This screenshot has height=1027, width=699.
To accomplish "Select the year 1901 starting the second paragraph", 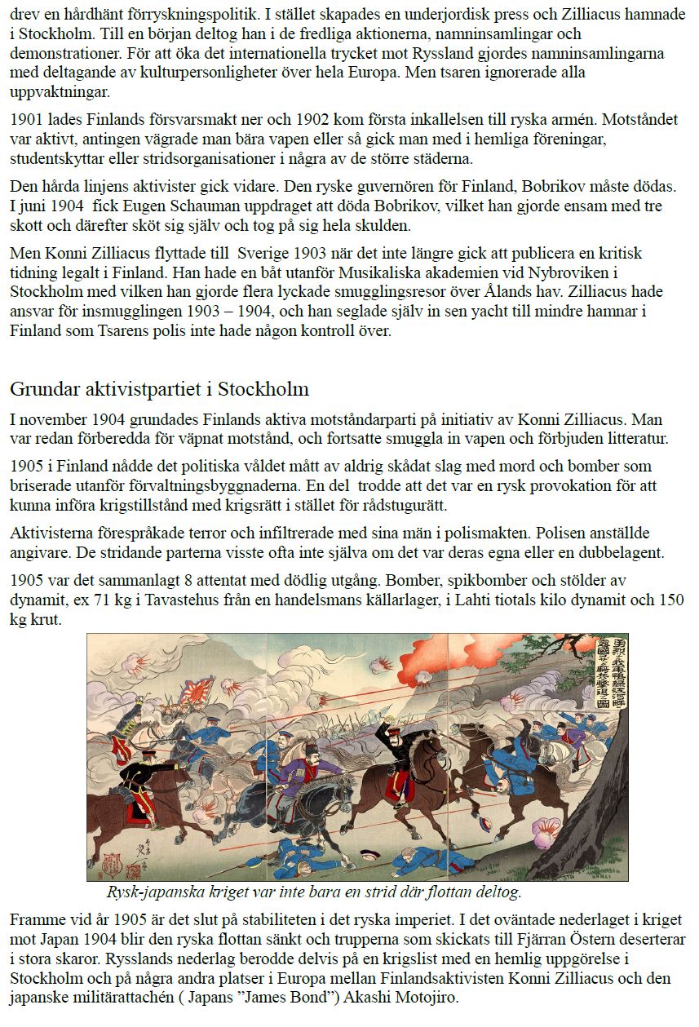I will [28, 120].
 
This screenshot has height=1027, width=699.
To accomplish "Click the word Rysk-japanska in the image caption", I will [152, 892].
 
